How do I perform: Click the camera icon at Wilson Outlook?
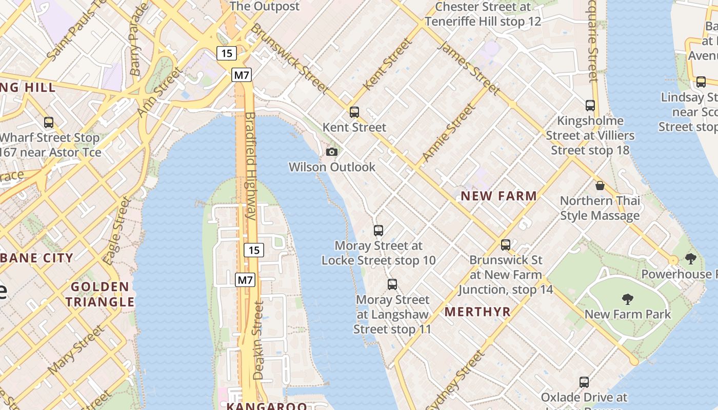click(x=332, y=152)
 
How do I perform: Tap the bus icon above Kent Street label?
click(x=354, y=112)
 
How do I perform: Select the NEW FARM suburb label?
click(x=498, y=196)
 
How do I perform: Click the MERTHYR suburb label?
click(x=477, y=312)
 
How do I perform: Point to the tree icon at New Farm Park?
click(x=627, y=299)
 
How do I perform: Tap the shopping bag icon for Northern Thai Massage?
click(x=600, y=186)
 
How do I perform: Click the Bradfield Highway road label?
click(x=250, y=166)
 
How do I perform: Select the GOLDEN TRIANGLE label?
click(x=99, y=294)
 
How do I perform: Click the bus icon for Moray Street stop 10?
click(x=378, y=231)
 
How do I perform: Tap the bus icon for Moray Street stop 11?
click(x=392, y=284)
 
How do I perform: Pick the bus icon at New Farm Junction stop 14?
click(x=506, y=245)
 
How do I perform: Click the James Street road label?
click(x=469, y=69)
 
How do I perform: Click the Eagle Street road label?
click(x=117, y=231)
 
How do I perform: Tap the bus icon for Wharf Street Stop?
click(x=49, y=122)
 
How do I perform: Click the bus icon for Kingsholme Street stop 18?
click(x=590, y=106)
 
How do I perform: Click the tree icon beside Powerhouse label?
click(x=691, y=259)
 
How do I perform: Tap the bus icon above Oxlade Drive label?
click(x=584, y=382)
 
